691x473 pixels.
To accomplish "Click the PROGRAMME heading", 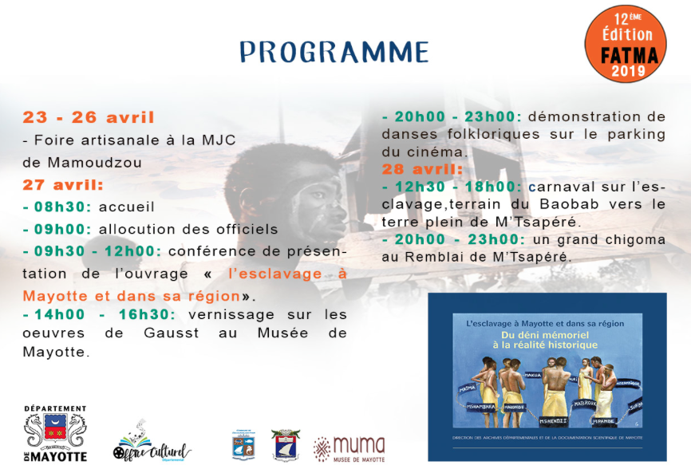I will (334, 51).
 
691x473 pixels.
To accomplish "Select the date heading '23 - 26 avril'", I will (89, 118).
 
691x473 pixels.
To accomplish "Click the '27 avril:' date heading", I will (63, 185).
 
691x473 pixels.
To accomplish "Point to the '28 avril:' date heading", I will (422, 169).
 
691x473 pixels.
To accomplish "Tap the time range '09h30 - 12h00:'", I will (93, 251).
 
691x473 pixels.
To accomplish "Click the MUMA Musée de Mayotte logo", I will (349, 450).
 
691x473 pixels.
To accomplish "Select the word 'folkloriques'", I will (477, 134).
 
